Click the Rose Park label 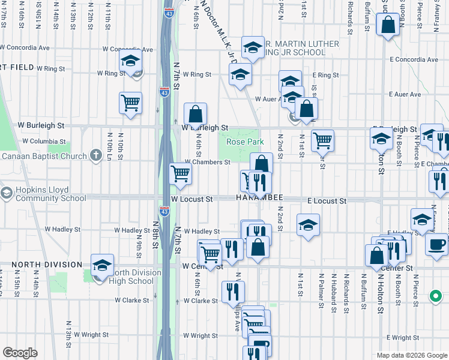pyautogui.click(x=245, y=142)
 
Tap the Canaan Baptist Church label pyautogui.click(x=45, y=157)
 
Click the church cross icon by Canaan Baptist pyautogui.click(x=95, y=156)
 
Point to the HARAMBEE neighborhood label pyautogui.click(x=259, y=199)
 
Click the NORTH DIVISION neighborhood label pyautogui.click(x=46, y=265)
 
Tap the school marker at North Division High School pyautogui.click(x=103, y=265)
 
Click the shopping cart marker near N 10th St pyautogui.click(x=130, y=103)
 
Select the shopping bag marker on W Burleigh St pyautogui.click(x=196, y=113)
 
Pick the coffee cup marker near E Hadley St pyautogui.click(x=436, y=244)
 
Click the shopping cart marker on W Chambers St pyautogui.click(x=181, y=174)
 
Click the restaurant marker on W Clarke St pyautogui.click(x=233, y=292)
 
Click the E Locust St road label pyautogui.click(x=327, y=200)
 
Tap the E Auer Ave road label pyautogui.click(x=405, y=95)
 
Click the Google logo pyautogui.click(x=20, y=353)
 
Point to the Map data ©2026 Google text pyautogui.click(x=411, y=355)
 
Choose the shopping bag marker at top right pyautogui.click(x=388, y=25)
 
